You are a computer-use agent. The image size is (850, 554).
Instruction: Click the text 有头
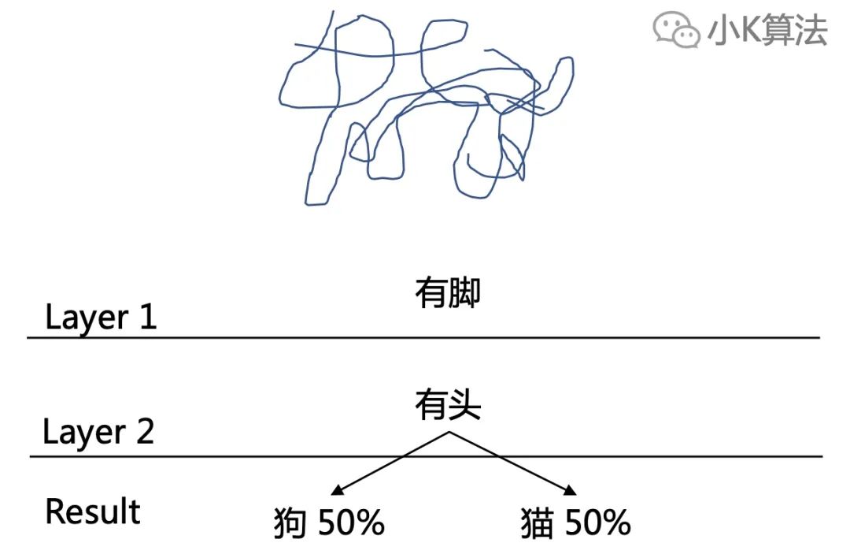point(447,407)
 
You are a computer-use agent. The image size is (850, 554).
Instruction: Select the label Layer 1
point(101,317)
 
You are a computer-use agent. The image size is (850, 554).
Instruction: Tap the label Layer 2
point(98,433)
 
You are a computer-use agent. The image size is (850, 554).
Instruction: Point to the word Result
point(93,511)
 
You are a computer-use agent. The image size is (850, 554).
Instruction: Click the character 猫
point(537,523)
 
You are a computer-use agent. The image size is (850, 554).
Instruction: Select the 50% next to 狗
point(351,522)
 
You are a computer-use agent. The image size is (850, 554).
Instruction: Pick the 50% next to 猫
point(597,522)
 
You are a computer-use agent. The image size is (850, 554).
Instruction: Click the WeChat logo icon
point(675,31)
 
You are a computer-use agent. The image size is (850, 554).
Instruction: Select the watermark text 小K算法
point(767,32)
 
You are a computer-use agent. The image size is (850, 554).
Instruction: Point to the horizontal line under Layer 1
point(423,337)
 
